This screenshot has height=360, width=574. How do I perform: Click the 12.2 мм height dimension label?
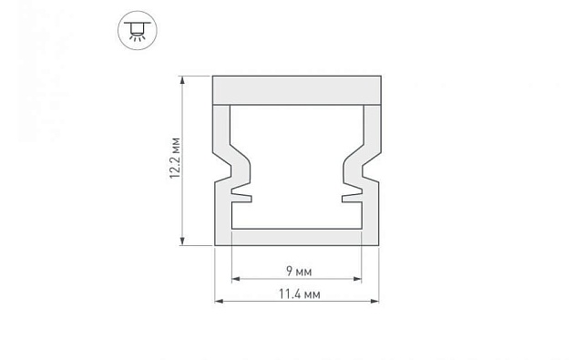(x=176, y=160)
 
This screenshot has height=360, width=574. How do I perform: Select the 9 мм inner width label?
(x=297, y=272)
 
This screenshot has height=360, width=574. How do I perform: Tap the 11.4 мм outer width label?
(x=297, y=294)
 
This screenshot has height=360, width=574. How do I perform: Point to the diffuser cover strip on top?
(x=296, y=89)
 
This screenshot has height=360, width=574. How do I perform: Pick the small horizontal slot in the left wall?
(x=240, y=194)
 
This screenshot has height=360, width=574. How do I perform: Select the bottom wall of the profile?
(x=296, y=236)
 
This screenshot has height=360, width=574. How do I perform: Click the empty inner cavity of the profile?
(x=296, y=164)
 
